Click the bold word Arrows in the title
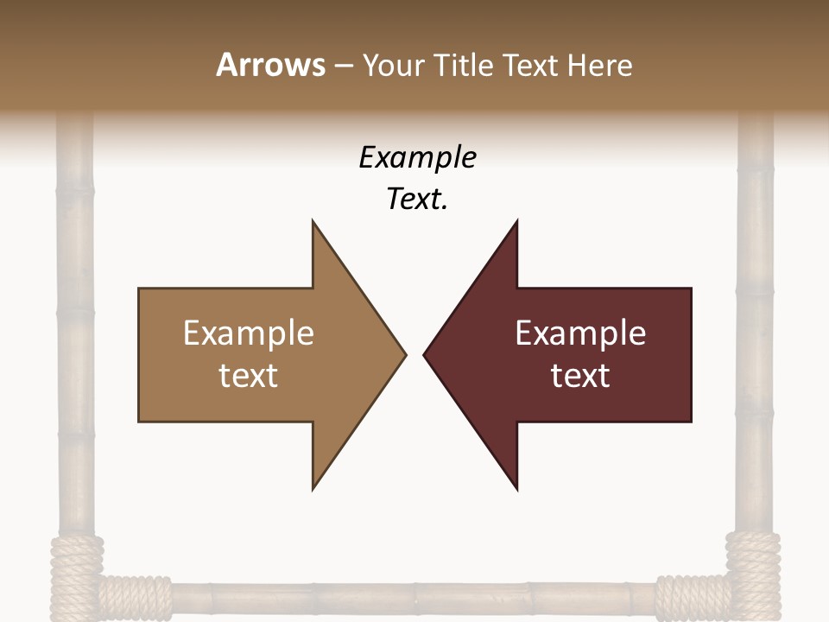[269, 65]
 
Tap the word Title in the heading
[464, 65]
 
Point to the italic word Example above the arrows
[417, 158]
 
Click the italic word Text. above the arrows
[417, 200]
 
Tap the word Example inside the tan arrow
[249, 333]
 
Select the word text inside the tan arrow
[249, 376]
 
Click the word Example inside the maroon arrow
[580, 333]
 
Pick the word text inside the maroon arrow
[580, 376]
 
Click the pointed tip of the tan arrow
[404, 354]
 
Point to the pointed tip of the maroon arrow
[426, 354]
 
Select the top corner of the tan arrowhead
[313, 222]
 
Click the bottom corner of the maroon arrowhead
[516, 488]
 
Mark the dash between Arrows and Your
[344, 67]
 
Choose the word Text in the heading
[532, 65]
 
